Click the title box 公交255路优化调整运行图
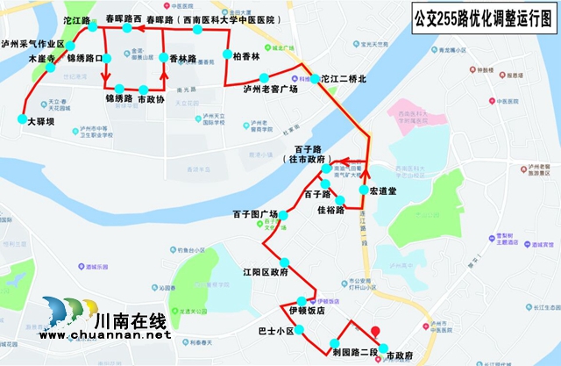pos(472,19)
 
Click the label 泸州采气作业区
pos(35,43)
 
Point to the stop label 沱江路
pos(77,18)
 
